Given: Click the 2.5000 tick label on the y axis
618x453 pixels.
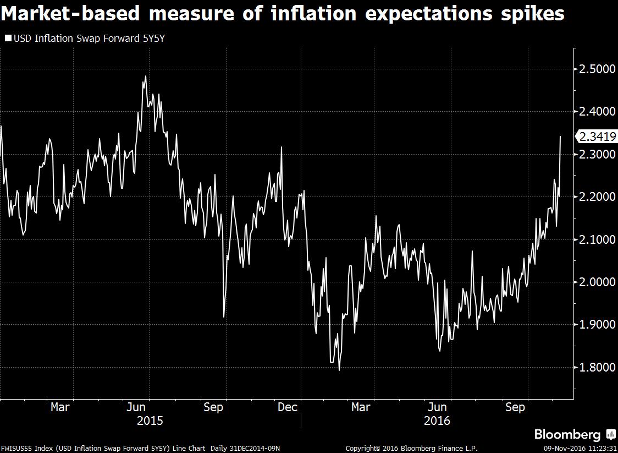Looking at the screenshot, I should click(x=596, y=69).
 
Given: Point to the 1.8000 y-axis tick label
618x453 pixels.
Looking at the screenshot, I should click(x=596, y=367).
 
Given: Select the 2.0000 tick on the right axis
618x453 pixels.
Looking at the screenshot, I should click(x=596, y=282).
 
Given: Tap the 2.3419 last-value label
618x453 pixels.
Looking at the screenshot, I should click(x=597, y=137).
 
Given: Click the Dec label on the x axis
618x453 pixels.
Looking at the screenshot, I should click(x=288, y=407).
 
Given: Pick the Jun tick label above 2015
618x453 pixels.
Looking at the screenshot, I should click(x=136, y=407).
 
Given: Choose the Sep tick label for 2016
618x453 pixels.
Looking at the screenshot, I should click(x=515, y=407).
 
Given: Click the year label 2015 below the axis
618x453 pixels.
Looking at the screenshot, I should click(x=150, y=421).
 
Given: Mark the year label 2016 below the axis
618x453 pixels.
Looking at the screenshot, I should click(x=437, y=421).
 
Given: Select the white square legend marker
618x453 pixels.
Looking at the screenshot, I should click(x=8, y=38).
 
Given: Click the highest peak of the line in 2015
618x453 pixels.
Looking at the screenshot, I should click(x=145, y=76).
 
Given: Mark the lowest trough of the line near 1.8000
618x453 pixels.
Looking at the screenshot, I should click(x=339, y=370).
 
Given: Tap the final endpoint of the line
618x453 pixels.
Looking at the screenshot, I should click(x=560, y=136).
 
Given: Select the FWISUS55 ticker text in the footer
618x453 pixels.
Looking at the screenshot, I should click(x=15, y=449).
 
